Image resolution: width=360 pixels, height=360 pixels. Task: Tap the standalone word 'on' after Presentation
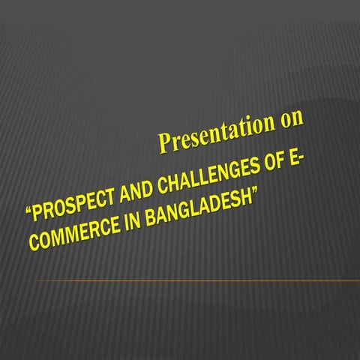(x=290, y=120)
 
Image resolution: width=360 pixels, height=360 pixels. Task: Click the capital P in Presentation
(x=163, y=142)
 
